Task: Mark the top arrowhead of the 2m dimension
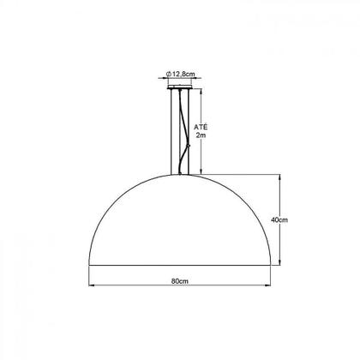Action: click(x=201, y=87)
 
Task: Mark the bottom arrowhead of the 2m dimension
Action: click(x=201, y=171)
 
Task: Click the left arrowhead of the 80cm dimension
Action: click(x=92, y=286)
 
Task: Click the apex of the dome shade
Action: click(x=179, y=175)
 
